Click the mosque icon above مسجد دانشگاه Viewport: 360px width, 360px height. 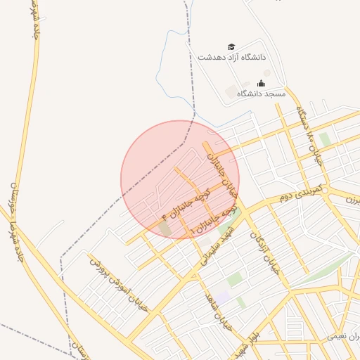pos(261,84)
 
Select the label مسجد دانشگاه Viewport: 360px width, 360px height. pos(261,94)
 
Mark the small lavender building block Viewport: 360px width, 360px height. pos(223,298)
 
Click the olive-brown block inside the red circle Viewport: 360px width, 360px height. pos(165,229)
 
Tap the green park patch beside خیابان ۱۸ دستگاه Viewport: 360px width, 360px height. pos(324,139)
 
